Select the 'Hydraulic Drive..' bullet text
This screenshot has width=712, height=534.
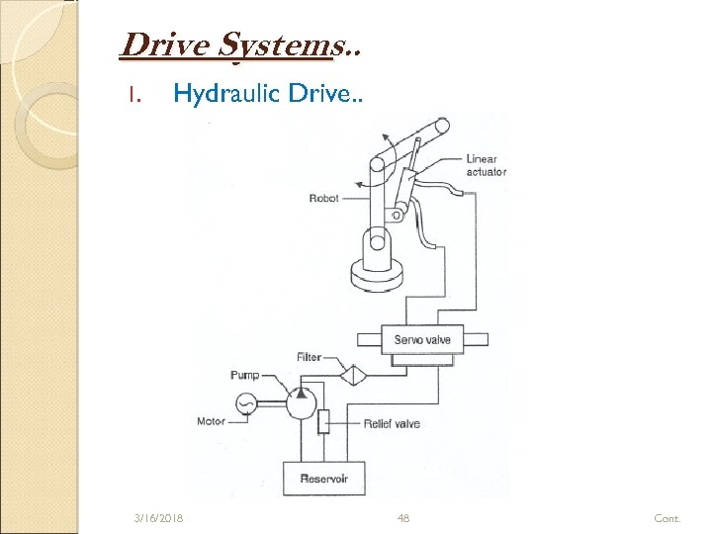click(x=268, y=95)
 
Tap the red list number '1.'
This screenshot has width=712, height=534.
click(x=137, y=96)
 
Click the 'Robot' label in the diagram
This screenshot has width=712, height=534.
click(x=323, y=198)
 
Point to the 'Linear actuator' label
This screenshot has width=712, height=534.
click(x=486, y=165)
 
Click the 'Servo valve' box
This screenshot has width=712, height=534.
click(x=422, y=340)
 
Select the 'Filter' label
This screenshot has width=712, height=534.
click(x=309, y=357)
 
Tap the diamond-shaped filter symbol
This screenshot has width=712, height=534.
click(x=351, y=375)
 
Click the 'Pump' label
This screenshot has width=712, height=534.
click(x=244, y=375)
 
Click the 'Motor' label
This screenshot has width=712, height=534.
click(x=211, y=422)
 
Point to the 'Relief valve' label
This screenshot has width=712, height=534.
click(x=392, y=423)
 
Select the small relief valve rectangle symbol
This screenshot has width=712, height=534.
click(x=322, y=422)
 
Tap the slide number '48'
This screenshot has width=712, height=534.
click(x=402, y=518)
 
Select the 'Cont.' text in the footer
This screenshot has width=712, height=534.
click(x=667, y=518)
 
